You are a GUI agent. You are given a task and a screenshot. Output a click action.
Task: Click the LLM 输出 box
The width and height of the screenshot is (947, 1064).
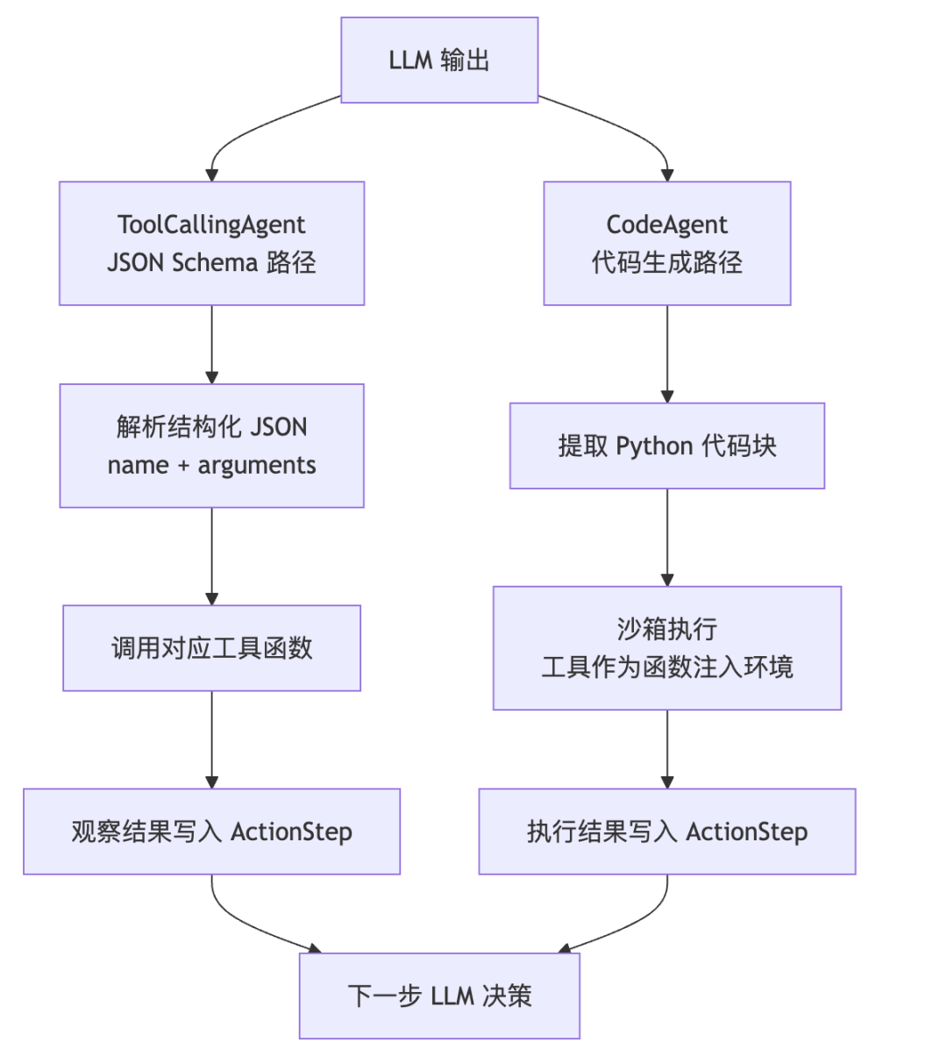[439, 60]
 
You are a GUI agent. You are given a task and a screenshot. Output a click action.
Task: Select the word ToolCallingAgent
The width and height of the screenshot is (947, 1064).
[211, 225]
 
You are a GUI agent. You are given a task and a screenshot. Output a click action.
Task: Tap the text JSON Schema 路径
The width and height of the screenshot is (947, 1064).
[211, 262]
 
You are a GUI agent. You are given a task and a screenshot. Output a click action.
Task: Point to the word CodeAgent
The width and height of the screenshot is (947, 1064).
[666, 225]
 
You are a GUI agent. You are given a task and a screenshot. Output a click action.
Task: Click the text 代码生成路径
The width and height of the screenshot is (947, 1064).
[666, 262]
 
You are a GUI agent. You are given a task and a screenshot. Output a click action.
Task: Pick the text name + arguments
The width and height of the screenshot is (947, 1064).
[211, 465]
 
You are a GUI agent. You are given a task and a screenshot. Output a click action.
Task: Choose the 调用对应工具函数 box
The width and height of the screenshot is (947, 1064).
[211, 648]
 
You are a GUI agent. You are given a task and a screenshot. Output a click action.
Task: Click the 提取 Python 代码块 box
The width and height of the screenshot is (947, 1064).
[667, 446]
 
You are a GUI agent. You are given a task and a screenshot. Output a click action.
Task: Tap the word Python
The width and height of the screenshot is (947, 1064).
[654, 446]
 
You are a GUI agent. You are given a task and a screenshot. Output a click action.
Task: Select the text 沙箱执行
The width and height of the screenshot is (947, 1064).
[666, 629]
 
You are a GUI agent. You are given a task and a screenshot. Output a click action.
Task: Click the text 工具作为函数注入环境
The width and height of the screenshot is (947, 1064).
[666, 667]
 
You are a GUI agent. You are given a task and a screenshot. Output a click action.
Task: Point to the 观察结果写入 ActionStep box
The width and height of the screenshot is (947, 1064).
[211, 832]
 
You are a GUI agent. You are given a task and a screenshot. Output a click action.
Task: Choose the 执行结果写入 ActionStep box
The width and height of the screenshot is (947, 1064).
[667, 832]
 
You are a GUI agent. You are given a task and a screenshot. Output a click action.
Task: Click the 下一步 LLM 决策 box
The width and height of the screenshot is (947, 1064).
[439, 996]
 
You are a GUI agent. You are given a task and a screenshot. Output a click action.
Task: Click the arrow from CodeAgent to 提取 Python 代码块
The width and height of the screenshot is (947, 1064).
[667, 354]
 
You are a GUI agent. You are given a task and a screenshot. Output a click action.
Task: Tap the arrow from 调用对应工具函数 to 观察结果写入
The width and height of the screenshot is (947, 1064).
[211, 739]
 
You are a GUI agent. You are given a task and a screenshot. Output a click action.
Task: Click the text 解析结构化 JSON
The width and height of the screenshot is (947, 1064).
[211, 427]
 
